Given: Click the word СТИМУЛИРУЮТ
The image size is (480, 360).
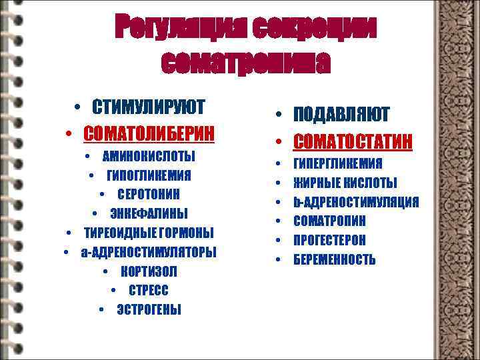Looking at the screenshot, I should pyautogui.click(x=149, y=107).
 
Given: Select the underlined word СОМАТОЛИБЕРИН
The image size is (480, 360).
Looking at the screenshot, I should pyautogui.click(x=149, y=133).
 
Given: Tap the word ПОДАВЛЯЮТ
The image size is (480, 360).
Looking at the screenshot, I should pyautogui.click(x=341, y=115).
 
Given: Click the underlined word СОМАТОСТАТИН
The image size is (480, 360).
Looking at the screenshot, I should pyautogui.click(x=353, y=141).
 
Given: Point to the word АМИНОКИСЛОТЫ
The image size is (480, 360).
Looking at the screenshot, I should pyautogui.click(x=149, y=156).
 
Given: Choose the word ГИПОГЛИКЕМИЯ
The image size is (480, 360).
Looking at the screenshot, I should pyautogui.click(x=149, y=175).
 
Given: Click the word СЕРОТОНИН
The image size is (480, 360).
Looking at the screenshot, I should pyautogui.click(x=149, y=194).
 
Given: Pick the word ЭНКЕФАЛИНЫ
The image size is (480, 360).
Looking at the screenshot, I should pyautogui.click(x=149, y=213).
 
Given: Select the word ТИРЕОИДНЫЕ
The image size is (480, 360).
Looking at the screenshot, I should pyautogui.click(x=116, y=233).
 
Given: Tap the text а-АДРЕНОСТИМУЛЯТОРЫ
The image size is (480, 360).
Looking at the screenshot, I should pyautogui.click(x=148, y=252).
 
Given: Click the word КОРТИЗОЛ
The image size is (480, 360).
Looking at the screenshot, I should pyautogui.click(x=149, y=272).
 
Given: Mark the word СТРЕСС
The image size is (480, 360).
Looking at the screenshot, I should pyautogui.click(x=149, y=291).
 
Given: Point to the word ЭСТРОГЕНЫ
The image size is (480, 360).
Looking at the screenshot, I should pyautogui.click(x=149, y=310).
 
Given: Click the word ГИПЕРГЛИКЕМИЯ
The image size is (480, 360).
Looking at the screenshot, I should pyautogui.click(x=338, y=164).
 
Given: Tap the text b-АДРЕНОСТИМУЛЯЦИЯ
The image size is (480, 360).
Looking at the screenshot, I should pyautogui.click(x=356, y=202).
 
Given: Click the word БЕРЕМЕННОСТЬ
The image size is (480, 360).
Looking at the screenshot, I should pyautogui.click(x=335, y=259).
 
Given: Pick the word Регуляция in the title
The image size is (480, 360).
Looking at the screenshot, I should pyautogui.click(x=173, y=28).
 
